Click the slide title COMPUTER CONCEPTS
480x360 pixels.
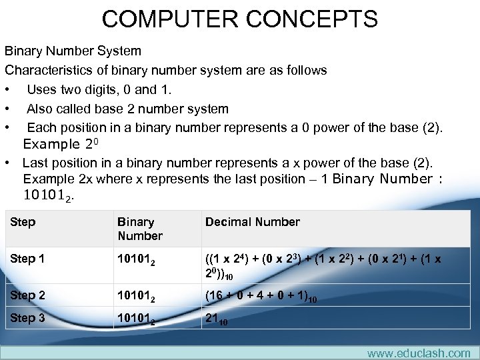point(240,18)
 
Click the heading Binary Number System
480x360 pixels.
point(73,51)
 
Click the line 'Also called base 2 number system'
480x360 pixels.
point(127,109)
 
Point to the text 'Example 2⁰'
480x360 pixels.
point(61,144)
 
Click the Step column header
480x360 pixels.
point(23,222)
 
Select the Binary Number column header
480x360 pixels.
point(140,229)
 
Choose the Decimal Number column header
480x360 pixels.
point(253,222)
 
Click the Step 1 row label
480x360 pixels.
point(27,259)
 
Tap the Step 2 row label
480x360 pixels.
point(27,295)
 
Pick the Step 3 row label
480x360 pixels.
point(27,318)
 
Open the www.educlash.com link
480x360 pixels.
point(418,353)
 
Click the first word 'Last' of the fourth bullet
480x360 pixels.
point(35,163)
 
